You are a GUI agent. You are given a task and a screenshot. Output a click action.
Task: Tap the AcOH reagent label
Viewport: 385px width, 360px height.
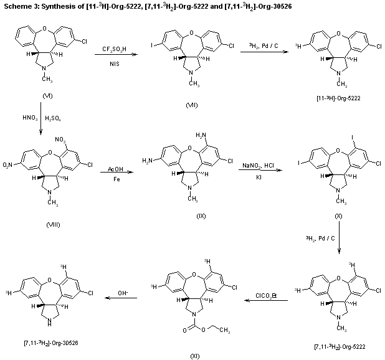pos(115,170)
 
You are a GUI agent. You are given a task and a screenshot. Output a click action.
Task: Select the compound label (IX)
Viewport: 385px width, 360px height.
pos(201,216)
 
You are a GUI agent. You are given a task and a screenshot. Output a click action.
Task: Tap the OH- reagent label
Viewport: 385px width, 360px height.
pos(123,293)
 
